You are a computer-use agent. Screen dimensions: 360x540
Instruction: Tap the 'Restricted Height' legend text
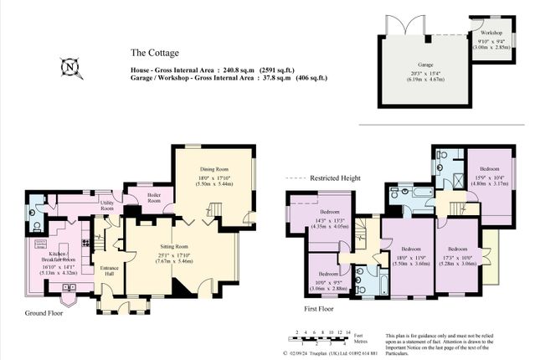335,178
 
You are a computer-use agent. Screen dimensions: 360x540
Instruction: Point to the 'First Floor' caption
318,309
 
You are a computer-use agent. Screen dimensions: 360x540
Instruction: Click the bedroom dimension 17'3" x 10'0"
456,258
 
